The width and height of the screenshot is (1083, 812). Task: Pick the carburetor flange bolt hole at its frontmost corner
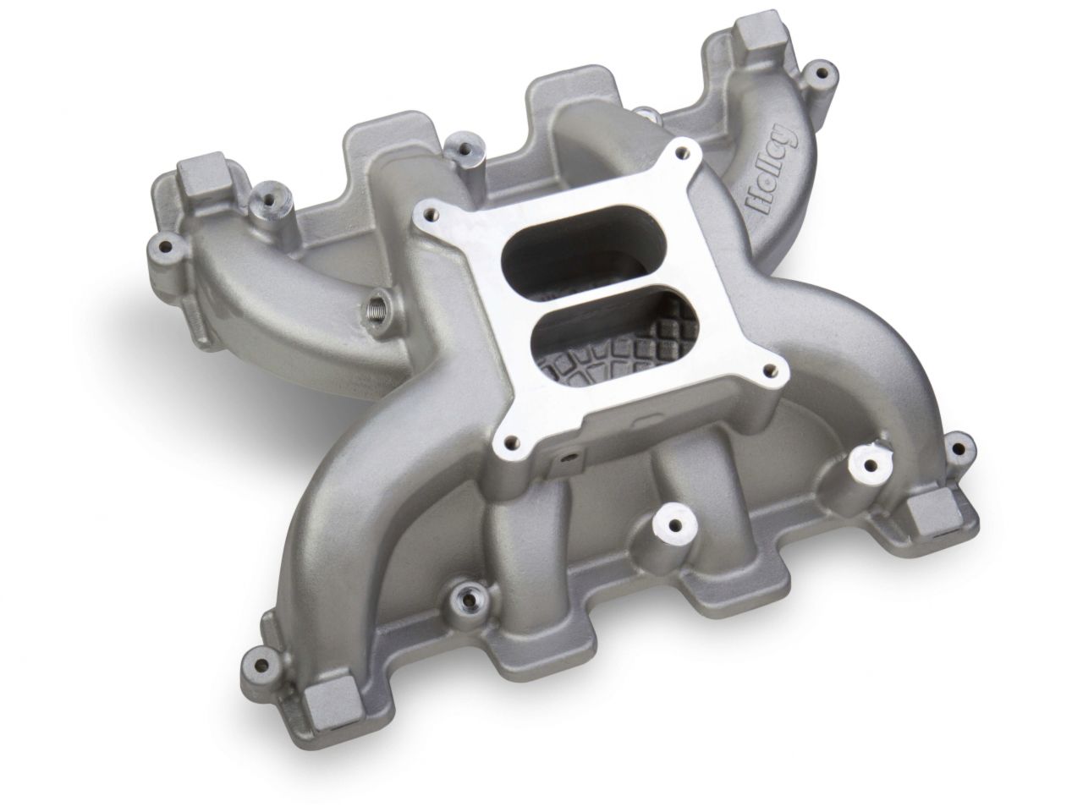[x=509, y=440]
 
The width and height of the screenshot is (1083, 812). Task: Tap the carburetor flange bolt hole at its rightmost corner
[x=771, y=369]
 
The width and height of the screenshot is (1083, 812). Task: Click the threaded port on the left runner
[x=377, y=301]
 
